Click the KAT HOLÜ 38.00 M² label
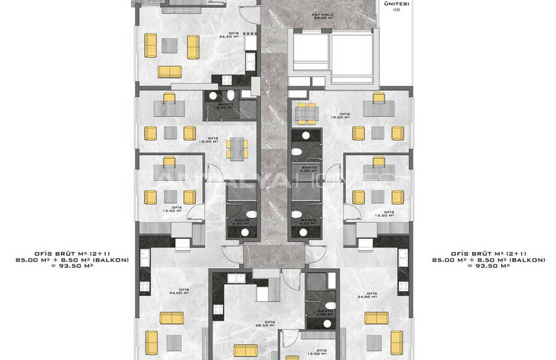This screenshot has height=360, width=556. [x=321, y=16]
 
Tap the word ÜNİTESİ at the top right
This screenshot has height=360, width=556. [x=396, y=4]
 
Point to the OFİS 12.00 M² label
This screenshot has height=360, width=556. [x=321, y=353]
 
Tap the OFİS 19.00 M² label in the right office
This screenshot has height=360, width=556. [x=340, y=116]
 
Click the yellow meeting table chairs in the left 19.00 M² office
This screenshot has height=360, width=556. [x=236, y=149]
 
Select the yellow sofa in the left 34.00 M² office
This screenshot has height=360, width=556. [x=172, y=318]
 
